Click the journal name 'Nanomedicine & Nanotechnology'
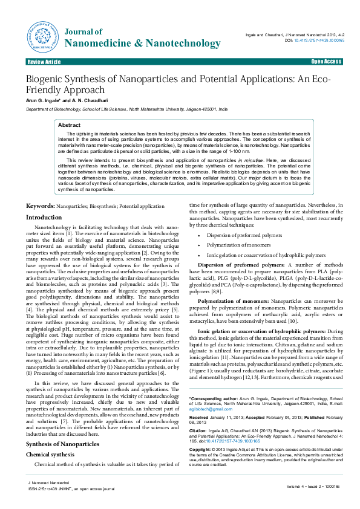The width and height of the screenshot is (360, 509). click(142, 44)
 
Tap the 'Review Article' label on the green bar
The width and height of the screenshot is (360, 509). click(44, 62)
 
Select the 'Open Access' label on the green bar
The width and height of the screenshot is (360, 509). click(327, 62)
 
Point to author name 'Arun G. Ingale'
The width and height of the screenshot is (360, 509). click(41, 101)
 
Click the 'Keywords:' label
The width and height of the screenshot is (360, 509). click(40, 207)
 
